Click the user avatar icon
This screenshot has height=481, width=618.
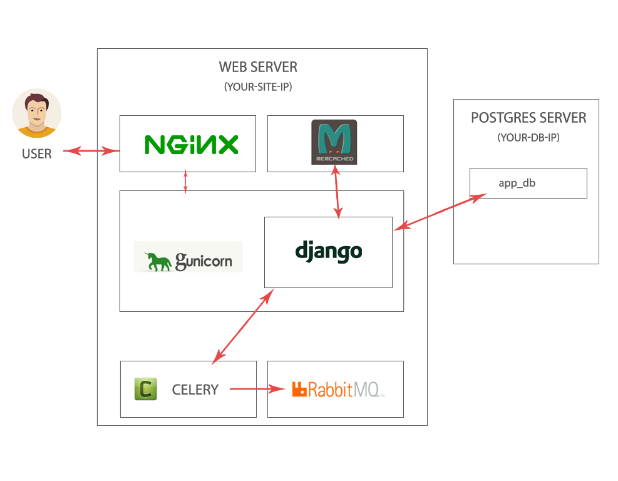36,113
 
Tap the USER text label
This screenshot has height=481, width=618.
37,153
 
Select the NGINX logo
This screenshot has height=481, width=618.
191,145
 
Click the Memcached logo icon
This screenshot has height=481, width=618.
334,142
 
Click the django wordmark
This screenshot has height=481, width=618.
329,252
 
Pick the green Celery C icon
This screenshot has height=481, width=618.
145,389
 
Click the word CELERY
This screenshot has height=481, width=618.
195,390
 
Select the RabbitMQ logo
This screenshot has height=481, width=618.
337,390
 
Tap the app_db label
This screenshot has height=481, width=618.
517,183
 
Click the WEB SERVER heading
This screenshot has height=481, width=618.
258,67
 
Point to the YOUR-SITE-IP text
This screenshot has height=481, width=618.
258,87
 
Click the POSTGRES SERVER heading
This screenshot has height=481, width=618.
528,118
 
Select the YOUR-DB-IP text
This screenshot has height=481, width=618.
528,138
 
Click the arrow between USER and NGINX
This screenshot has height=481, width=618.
91,150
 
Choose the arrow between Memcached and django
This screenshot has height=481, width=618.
337,194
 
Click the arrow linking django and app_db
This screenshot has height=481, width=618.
440,212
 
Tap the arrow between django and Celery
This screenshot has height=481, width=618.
243,326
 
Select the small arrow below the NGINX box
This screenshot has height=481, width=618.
185,182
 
